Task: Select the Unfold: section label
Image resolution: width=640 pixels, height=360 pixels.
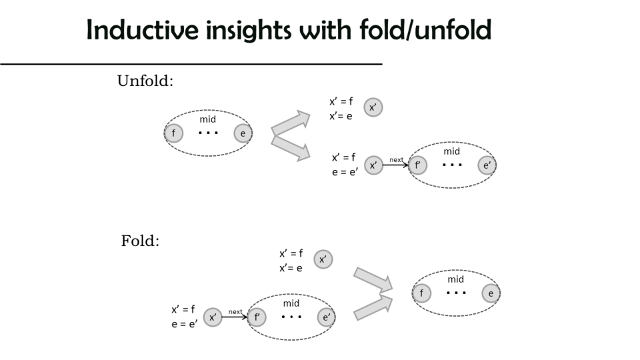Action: (x=145, y=81)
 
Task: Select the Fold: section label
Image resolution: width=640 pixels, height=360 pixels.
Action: (x=140, y=241)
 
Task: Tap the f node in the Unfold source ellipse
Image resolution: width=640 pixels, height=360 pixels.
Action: (x=173, y=133)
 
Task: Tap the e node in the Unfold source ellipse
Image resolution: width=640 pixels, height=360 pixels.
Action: (x=243, y=133)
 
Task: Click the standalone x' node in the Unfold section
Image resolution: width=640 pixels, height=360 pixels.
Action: (x=373, y=107)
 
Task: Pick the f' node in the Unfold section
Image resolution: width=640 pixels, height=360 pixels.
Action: (x=417, y=165)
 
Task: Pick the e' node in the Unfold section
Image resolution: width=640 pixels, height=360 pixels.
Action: (x=487, y=165)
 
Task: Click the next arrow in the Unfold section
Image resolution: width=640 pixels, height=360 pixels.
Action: (x=396, y=164)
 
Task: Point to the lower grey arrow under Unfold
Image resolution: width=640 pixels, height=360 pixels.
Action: (x=291, y=148)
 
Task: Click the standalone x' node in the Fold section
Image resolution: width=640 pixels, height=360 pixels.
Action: (x=323, y=259)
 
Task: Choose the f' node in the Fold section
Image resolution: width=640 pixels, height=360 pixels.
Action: (x=257, y=317)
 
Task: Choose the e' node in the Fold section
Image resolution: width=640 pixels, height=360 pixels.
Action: (x=326, y=317)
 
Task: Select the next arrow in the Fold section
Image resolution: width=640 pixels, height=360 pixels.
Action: (x=235, y=317)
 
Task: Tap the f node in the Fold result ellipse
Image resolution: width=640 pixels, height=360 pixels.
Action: (x=421, y=293)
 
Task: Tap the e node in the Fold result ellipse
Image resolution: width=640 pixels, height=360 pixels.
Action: (x=491, y=293)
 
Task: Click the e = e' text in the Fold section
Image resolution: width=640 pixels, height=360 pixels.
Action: (x=185, y=324)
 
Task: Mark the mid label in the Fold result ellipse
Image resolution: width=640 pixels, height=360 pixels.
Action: (x=456, y=279)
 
